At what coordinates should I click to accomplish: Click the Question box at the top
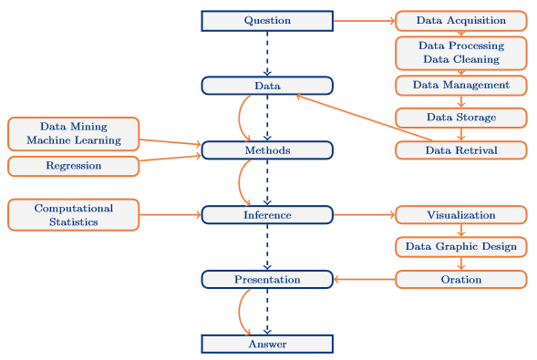coord(267,21)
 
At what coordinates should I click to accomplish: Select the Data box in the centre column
coord(267,86)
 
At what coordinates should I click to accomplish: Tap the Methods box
coord(267,150)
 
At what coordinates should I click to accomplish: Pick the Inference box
coord(267,215)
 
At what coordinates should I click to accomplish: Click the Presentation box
coord(267,280)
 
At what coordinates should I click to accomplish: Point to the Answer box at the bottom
coord(267,345)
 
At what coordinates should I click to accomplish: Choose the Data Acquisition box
coord(460,20)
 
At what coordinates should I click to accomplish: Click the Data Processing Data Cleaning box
coord(460,53)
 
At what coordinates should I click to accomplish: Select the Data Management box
coord(460,85)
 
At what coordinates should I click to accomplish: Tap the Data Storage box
coord(460,118)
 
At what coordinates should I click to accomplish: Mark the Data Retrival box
coord(460,149)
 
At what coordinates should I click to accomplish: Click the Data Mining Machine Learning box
coord(73,134)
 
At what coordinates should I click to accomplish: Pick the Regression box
coord(73,166)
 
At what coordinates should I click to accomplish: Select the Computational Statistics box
coord(73,215)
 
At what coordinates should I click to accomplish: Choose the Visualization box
coord(460,215)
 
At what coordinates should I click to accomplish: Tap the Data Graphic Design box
coord(460,247)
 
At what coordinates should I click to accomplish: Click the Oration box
coord(460,280)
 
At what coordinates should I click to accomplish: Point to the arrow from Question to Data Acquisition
coord(364,21)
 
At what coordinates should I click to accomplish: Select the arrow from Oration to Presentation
coord(364,280)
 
